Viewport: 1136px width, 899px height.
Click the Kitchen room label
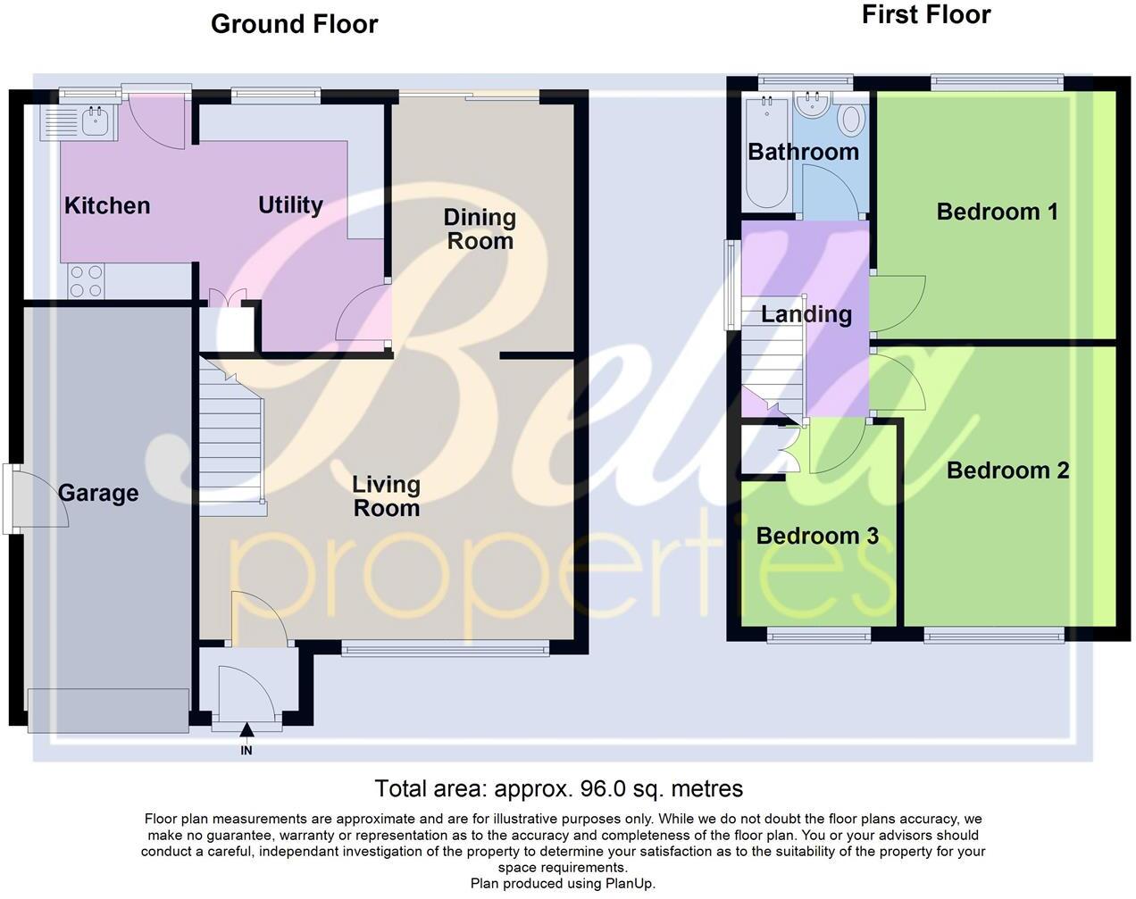[107, 206]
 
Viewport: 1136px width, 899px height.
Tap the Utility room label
[290, 205]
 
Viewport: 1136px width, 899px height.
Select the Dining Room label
[480, 229]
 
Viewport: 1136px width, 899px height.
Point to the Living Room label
[386, 496]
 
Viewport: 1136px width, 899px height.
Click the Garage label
[98, 494]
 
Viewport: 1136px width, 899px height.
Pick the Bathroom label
[803, 152]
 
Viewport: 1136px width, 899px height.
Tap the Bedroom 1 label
[997, 212]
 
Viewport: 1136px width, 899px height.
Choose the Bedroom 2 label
[1007, 470]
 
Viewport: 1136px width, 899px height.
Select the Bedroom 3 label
[817, 536]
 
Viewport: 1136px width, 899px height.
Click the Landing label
[806, 314]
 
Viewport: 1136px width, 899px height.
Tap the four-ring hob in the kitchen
[86, 281]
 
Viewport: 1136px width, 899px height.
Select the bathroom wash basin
[813, 106]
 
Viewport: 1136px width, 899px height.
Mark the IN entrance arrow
[246, 733]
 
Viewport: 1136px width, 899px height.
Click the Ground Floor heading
[294, 24]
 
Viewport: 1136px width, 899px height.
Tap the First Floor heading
[925, 15]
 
